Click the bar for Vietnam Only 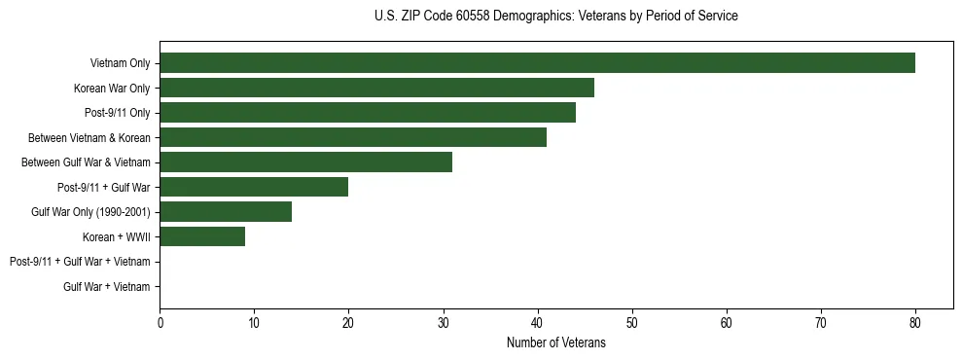(x=537, y=63)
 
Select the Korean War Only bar (x=376, y=89)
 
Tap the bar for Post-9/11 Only (x=368, y=113)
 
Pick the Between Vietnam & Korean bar (x=353, y=137)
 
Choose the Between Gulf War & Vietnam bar (x=305, y=162)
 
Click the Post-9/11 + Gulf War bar (x=254, y=187)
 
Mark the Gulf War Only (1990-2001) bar (x=226, y=212)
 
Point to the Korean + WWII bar (x=202, y=236)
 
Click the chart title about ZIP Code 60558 (x=555, y=17)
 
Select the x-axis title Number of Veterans (x=555, y=342)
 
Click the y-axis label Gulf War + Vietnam (x=106, y=286)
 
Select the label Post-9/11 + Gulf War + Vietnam (x=80, y=262)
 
